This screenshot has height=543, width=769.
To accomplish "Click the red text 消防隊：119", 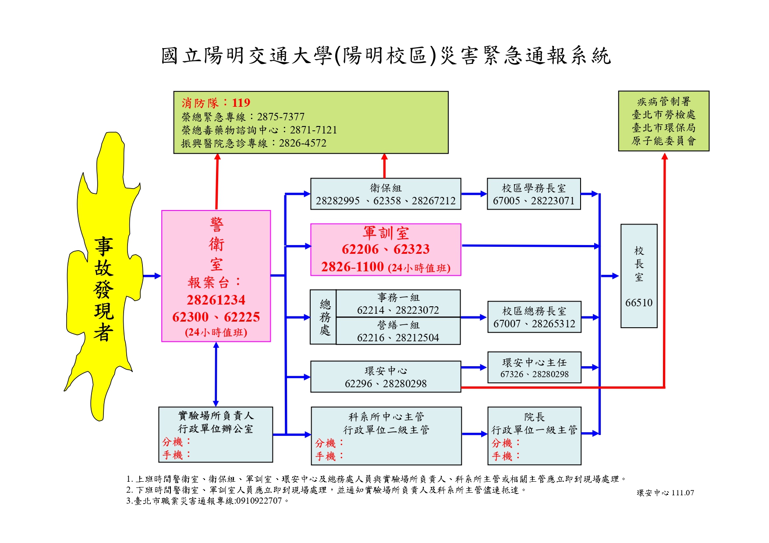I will (x=216, y=103).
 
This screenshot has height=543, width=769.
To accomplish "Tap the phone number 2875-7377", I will (x=280, y=117).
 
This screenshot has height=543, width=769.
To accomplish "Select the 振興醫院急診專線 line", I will (x=254, y=143).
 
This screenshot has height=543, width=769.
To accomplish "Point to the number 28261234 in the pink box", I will (x=216, y=300).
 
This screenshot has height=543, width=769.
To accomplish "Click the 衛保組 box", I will (x=386, y=194).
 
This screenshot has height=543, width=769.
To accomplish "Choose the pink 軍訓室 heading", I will (x=386, y=233).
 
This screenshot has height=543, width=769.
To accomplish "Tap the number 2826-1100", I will (x=352, y=266).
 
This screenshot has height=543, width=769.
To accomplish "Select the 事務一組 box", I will (x=398, y=304).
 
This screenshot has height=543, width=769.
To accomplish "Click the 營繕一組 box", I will (x=398, y=331).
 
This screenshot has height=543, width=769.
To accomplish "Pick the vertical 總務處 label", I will (x=325, y=317).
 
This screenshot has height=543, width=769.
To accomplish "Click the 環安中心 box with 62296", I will (x=386, y=377).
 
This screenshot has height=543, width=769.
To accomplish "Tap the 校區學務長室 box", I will (x=534, y=194).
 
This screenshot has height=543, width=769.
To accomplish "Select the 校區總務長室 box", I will (x=534, y=317).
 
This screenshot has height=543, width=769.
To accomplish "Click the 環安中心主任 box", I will (x=534, y=368).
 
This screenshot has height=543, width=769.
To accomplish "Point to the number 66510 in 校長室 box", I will (x=639, y=303).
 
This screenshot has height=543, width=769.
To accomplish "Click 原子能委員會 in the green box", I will (x=663, y=141).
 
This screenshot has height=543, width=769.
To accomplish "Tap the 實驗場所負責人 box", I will (x=216, y=434).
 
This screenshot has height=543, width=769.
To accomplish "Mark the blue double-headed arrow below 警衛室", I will (x=216, y=374).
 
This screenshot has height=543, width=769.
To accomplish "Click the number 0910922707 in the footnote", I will (x=259, y=501).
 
